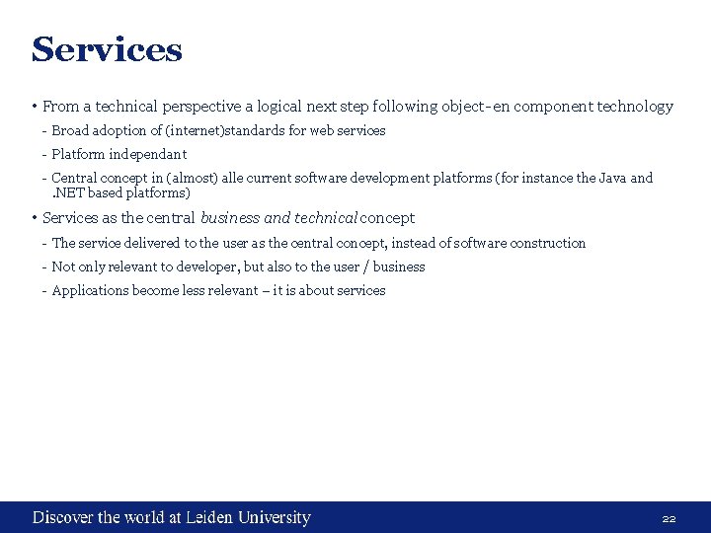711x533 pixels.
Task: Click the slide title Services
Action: click(107, 49)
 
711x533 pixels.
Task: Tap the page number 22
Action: click(669, 518)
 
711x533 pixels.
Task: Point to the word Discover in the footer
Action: click(62, 517)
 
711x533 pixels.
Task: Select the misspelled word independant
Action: click(147, 154)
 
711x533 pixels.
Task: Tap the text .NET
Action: click(68, 192)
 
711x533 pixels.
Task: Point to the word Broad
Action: click(69, 130)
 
